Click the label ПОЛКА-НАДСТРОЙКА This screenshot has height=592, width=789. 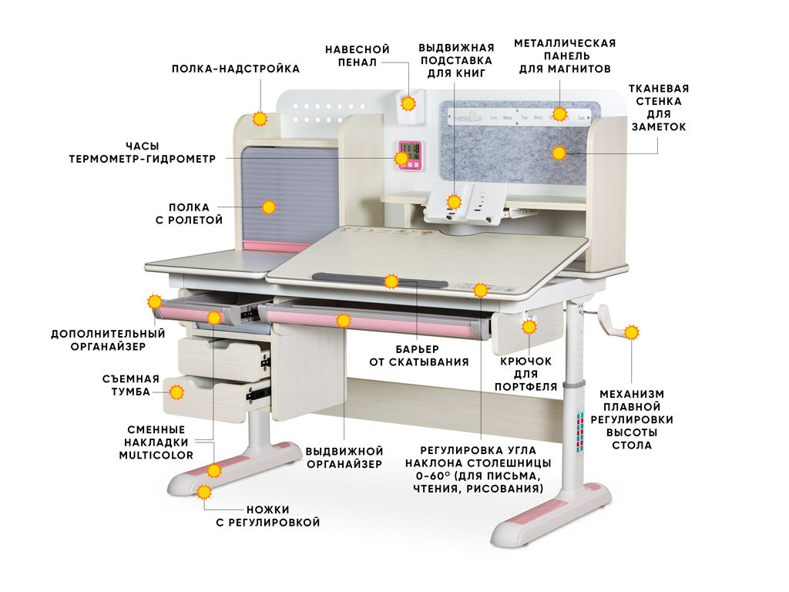click(x=235, y=69)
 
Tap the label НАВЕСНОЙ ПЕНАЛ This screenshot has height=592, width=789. click(x=357, y=55)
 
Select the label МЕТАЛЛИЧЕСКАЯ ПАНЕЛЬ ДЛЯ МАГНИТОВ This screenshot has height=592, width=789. click(x=565, y=55)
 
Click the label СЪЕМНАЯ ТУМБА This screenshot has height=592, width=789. click(x=130, y=385)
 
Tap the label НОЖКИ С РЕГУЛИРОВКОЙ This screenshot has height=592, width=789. click(x=267, y=516)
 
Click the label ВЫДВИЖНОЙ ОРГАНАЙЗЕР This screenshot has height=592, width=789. click(x=344, y=457)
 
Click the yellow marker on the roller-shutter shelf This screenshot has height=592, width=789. click(x=268, y=207)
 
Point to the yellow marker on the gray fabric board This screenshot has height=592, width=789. click(x=559, y=153)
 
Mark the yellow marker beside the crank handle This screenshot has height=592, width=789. click(x=631, y=333)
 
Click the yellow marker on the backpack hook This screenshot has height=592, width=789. click(x=529, y=327)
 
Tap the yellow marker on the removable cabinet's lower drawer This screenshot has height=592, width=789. click(x=176, y=392)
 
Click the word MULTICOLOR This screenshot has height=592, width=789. click(x=156, y=455)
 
